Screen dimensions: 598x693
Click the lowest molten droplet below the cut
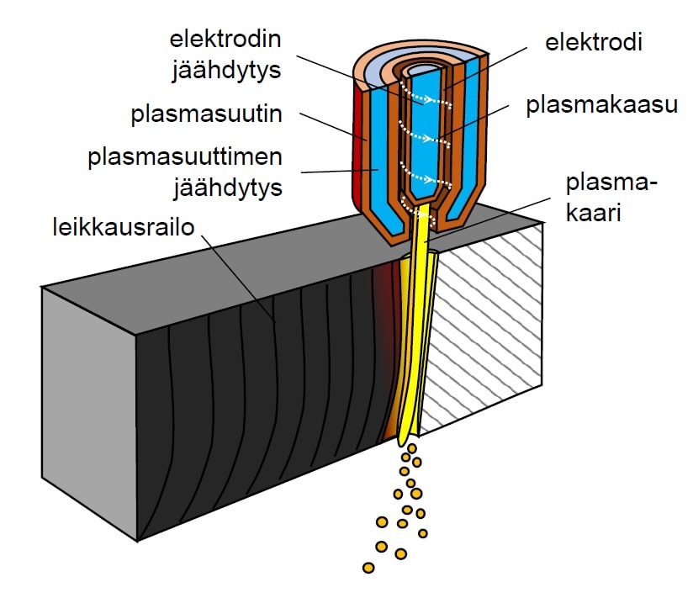point(368,568)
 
